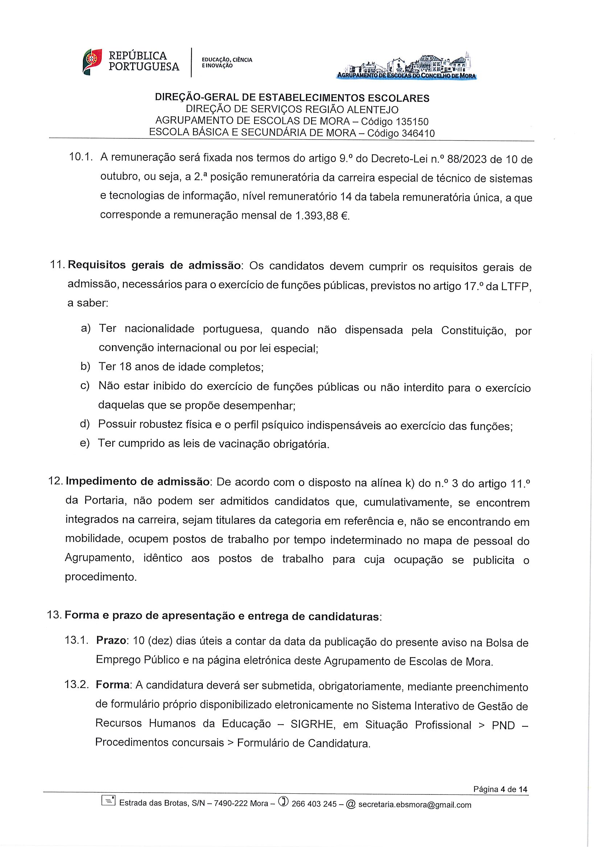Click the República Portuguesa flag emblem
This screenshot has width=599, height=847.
click(92, 62)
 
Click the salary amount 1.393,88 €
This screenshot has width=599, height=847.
click(322, 216)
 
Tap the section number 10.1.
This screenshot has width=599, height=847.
click(80, 157)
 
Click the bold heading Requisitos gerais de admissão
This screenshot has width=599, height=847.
click(154, 266)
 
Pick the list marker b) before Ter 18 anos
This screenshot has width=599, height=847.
click(85, 366)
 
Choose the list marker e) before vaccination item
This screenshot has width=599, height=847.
click(85, 443)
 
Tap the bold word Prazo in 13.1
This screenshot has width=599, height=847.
click(111, 641)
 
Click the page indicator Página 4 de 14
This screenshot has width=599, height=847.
click(500, 789)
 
